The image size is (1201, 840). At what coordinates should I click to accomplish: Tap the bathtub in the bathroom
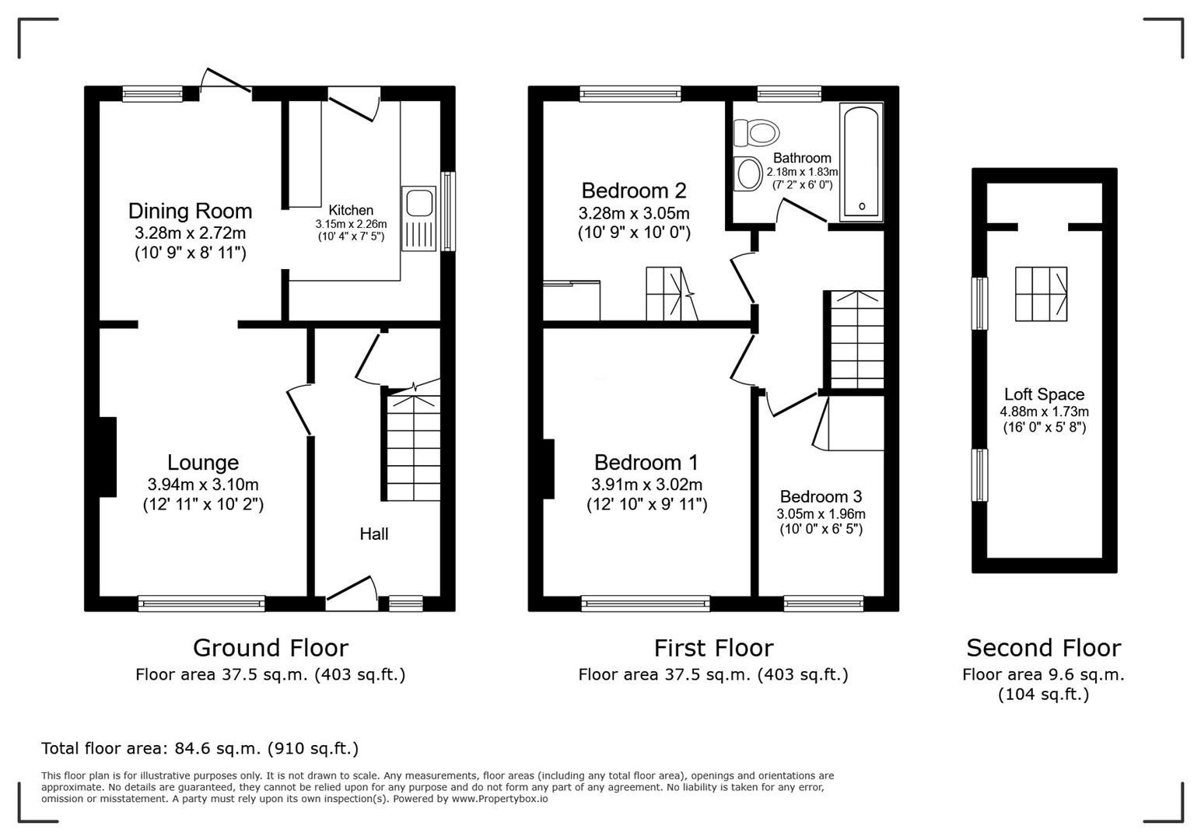pyautogui.click(x=861, y=162)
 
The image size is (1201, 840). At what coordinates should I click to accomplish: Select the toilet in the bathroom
pyautogui.click(x=756, y=132)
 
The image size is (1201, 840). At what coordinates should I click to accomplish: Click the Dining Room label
pyautogui.click(x=190, y=211)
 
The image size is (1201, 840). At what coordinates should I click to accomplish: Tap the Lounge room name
pyautogui.click(x=203, y=463)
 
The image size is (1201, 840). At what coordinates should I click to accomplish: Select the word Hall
pyautogui.click(x=373, y=534)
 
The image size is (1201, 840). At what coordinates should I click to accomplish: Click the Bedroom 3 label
pyautogui.click(x=821, y=496)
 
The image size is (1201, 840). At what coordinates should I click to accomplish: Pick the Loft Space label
pyautogui.click(x=1043, y=394)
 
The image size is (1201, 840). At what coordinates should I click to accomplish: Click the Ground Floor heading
pyautogui.click(x=270, y=647)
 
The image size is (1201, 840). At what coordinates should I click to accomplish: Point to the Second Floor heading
pyautogui.click(x=1043, y=647)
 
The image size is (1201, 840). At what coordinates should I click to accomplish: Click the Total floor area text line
pyautogui.click(x=200, y=748)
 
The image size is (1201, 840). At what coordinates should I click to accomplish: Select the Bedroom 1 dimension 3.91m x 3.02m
pyautogui.click(x=646, y=484)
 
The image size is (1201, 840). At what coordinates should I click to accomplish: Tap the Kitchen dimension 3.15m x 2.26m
pyautogui.click(x=351, y=224)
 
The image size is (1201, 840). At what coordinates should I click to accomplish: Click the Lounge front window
pyautogui.click(x=201, y=603)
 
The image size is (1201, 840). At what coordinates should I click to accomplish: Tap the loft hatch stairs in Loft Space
pyautogui.click(x=1041, y=294)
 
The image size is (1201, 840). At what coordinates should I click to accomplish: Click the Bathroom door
pyautogui.click(x=803, y=212)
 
